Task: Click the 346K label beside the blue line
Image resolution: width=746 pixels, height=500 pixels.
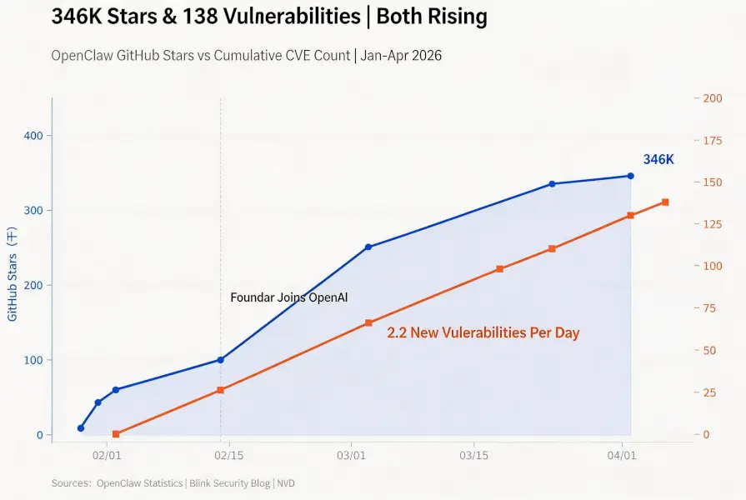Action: click(658, 159)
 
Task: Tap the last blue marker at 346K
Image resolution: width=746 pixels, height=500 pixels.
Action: click(630, 176)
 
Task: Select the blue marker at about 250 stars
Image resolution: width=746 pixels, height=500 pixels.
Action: click(368, 247)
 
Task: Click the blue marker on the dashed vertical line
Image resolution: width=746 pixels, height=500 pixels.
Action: click(220, 360)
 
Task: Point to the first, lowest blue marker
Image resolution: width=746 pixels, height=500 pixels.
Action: click(81, 428)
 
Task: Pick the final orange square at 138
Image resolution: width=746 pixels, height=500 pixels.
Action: click(665, 202)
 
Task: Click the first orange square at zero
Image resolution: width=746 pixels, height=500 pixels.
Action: click(116, 434)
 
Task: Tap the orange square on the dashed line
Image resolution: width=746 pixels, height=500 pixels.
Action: click(220, 390)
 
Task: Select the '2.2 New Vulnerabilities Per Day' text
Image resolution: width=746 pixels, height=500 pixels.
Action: click(483, 332)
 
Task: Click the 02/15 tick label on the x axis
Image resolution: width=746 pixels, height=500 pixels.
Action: click(228, 456)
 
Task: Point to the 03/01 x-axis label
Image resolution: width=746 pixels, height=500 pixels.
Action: click(351, 456)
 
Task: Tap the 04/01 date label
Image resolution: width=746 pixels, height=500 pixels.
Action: click(623, 456)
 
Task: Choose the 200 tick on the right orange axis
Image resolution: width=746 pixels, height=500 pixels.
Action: click(712, 98)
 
